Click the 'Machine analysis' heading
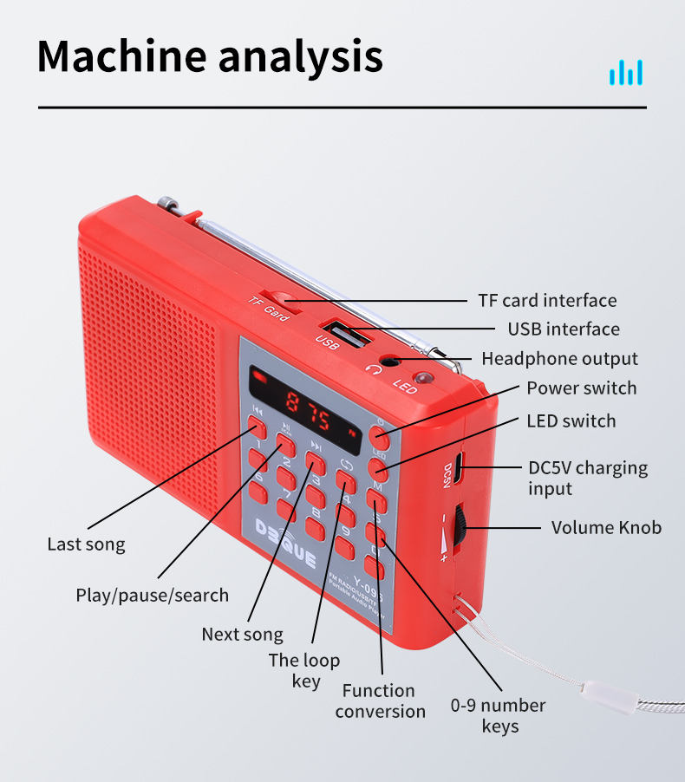point(210,55)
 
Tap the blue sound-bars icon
point(626,72)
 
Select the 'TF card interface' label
point(547,301)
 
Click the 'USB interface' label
point(564,329)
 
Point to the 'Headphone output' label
point(559,359)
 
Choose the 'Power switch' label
point(581,388)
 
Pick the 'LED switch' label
point(571,421)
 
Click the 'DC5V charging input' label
point(587,478)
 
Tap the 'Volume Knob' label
point(606,527)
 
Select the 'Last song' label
point(86,544)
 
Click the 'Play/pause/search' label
point(152,596)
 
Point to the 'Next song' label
point(242,635)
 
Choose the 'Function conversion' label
point(380,701)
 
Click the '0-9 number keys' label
point(498,715)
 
